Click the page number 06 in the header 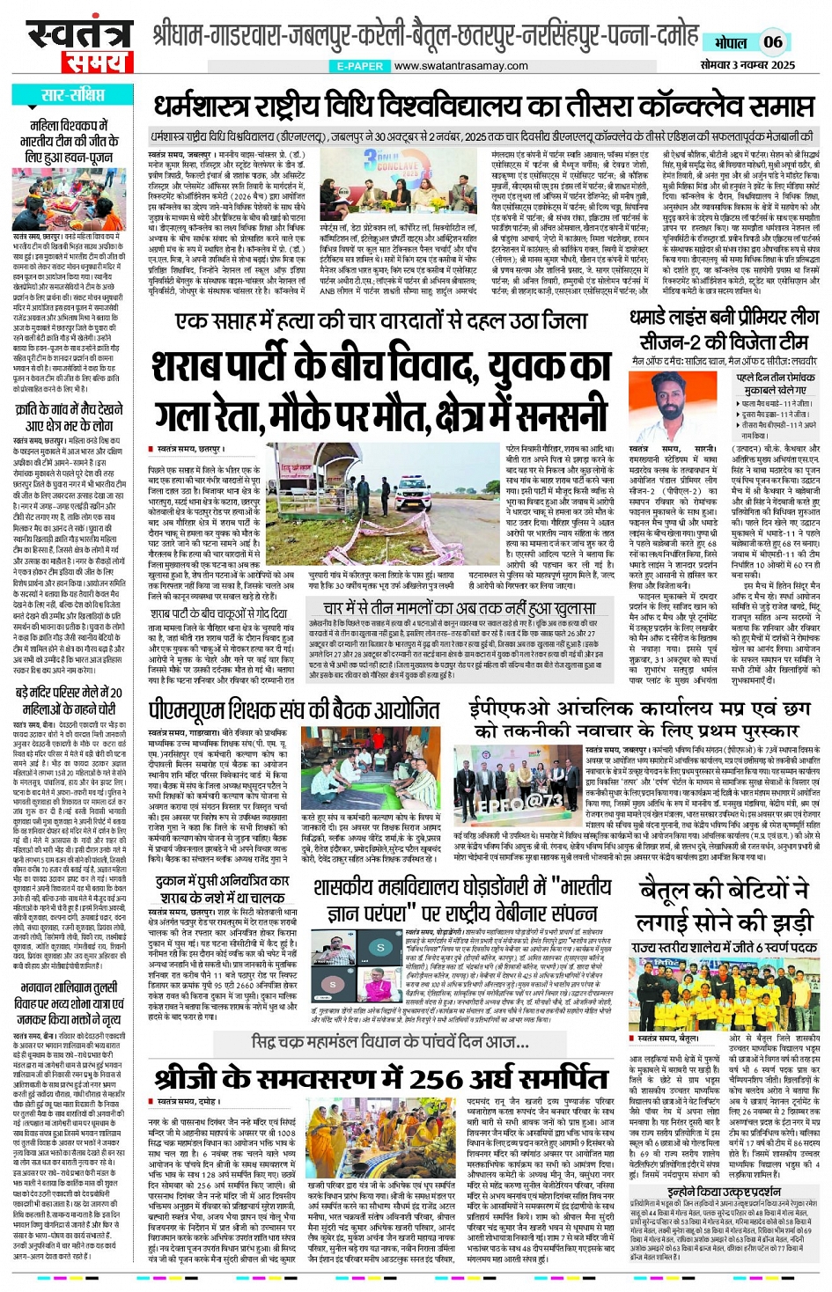772,41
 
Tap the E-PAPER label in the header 359,66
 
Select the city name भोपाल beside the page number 730,42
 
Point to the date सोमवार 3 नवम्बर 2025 747,65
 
